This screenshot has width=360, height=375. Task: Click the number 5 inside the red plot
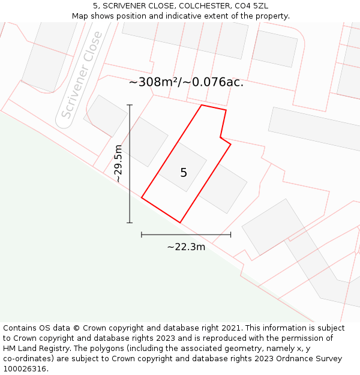point(184,173)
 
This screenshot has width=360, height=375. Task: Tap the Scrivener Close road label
point(82,76)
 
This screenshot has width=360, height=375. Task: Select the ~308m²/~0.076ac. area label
point(186,82)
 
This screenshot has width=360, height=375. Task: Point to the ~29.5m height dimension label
point(118,163)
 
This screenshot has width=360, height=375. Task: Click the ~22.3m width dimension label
point(186,247)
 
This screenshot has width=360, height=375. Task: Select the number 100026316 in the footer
point(26,369)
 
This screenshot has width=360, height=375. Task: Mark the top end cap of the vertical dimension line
point(130,105)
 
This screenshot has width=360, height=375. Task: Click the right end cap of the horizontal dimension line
point(230,235)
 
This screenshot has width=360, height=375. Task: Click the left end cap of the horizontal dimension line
point(142,235)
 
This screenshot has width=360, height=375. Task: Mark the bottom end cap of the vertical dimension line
point(130,223)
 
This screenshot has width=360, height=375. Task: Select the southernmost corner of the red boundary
point(180,223)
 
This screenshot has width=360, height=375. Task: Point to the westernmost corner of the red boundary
point(142,197)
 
